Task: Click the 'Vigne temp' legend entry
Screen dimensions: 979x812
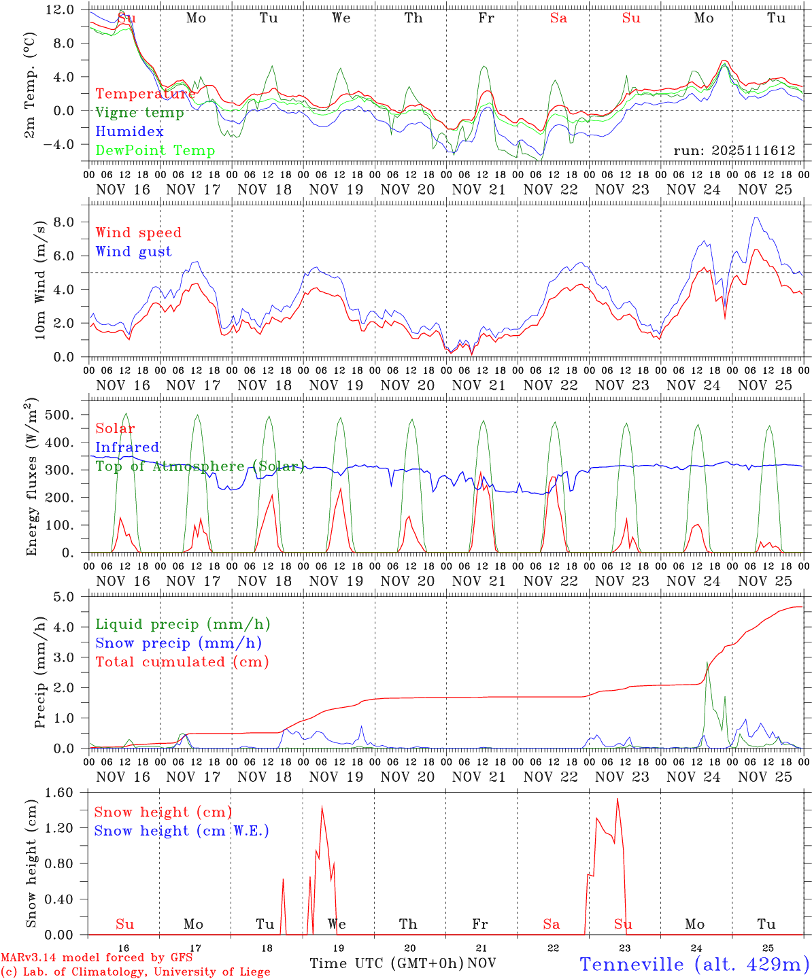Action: (x=139, y=113)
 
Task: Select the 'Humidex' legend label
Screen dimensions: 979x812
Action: (x=129, y=132)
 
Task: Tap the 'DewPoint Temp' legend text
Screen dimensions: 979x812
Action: (x=155, y=151)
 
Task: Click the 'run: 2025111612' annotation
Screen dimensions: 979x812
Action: (x=734, y=151)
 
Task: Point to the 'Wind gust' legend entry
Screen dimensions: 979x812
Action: (x=133, y=252)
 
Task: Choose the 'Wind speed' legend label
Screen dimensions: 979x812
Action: (x=139, y=233)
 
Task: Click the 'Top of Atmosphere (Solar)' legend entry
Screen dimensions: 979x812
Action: (x=200, y=466)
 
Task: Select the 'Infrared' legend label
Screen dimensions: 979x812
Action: (x=127, y=447)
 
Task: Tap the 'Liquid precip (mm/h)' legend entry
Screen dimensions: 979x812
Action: (x=182, y=624)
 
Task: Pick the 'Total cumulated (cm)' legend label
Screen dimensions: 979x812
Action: (x=182, y=662)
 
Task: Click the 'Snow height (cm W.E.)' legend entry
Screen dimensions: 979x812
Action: (x=181, y=831)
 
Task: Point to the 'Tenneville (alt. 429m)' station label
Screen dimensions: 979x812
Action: (x=694, y=964)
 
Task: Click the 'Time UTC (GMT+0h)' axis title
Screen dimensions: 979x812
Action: (x=386, y=963)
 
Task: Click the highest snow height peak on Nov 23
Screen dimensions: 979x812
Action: (x=618, y=799)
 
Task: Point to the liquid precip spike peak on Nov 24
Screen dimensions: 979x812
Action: (x=707, y=663)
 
